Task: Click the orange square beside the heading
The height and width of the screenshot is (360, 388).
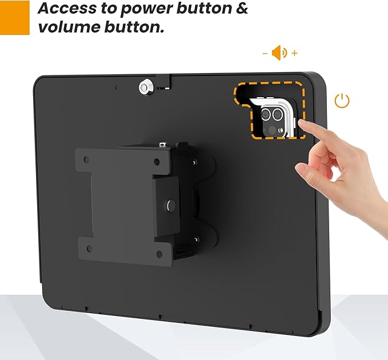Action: [14, 17]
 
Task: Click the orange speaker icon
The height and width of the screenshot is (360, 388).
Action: [279, 53]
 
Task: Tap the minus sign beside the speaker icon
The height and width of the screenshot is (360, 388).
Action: [265, 53]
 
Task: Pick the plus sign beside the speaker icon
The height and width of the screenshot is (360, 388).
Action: [294, 53]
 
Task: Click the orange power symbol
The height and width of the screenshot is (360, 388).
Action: [342, 102]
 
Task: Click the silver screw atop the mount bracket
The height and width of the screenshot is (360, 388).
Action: [163, 146]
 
